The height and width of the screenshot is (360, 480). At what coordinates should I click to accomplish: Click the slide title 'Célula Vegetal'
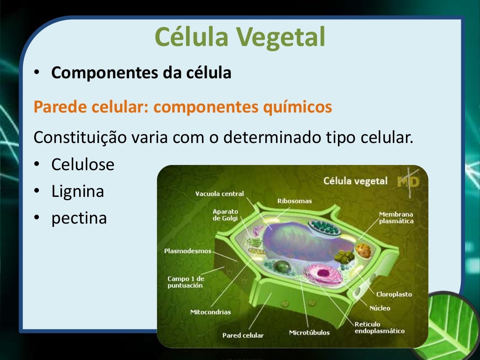pyautogui.click(x=240, y=37)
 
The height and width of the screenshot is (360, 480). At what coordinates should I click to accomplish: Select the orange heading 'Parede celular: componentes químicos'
pyautogui.click(x=183, y=107)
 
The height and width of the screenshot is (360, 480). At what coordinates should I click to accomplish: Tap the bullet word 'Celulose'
pyautogui.click(x=83, y=165)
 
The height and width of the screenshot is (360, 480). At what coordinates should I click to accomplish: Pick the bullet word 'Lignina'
pyautogui.click(x=78, y=192)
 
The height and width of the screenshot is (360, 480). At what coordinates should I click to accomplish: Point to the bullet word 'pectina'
pyautogui.click(x=79, y=218)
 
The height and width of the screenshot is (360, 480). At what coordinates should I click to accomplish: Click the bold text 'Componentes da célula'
pyautogui.click(x=141, y=73)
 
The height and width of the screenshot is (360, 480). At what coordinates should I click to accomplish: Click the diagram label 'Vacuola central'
pyautogui.click(x=219, y=194)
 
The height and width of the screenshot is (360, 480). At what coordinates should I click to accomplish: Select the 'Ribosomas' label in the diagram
pyautogui.click(x=294, y=201)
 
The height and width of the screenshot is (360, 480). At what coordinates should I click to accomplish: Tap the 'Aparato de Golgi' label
pyautogui.click(x=225, y=215)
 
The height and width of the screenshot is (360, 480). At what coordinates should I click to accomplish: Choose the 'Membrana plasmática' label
pyautogui.click(x=396, y=217)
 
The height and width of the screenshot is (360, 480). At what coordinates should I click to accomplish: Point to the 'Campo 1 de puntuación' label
pyautogui.click(x=186, y=282)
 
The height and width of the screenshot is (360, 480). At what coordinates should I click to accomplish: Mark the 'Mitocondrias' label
pyautogui.click(x=210, y=312)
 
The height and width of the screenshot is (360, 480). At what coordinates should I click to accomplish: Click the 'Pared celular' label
pyautogui.click(x=243, y=336)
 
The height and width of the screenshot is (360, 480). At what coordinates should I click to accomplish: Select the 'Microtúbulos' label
pyautogui.click(x=309, y=333)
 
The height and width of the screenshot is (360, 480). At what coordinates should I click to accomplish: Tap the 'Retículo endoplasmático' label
pyautogui.click(x=379, y=328)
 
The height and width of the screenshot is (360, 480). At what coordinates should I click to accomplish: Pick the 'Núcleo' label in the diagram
pyautogui.click(x=380, y=308)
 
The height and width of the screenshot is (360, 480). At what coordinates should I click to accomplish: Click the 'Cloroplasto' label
pyautogui.click(x=394, y=294)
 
